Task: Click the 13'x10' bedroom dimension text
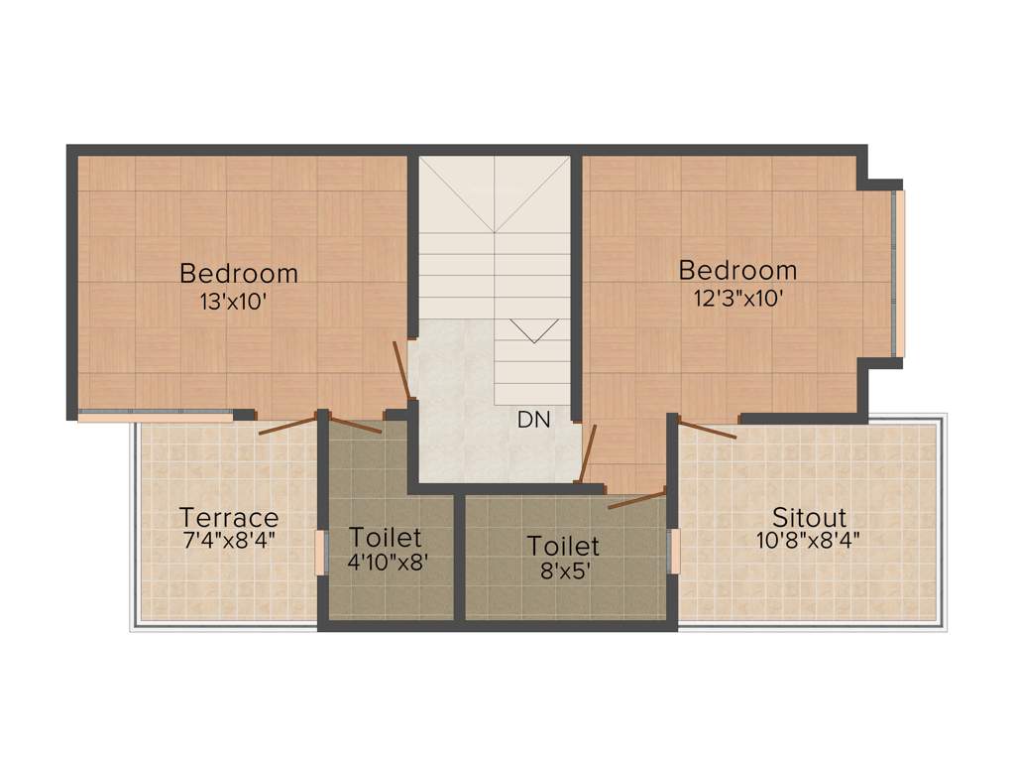234,302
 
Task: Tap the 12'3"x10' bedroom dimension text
739,298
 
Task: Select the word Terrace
229,518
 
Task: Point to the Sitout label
810,518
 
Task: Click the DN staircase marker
533,420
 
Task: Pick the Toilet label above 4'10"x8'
386,538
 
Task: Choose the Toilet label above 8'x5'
563,546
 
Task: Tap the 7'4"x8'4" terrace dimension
229,541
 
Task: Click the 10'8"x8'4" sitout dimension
810,541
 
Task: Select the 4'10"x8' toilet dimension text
386,562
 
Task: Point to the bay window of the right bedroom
899,273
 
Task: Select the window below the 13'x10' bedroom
156,416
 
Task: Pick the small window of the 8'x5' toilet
675,552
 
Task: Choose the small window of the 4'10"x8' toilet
321,552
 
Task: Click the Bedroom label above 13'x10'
239,272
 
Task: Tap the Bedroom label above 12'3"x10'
737,270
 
